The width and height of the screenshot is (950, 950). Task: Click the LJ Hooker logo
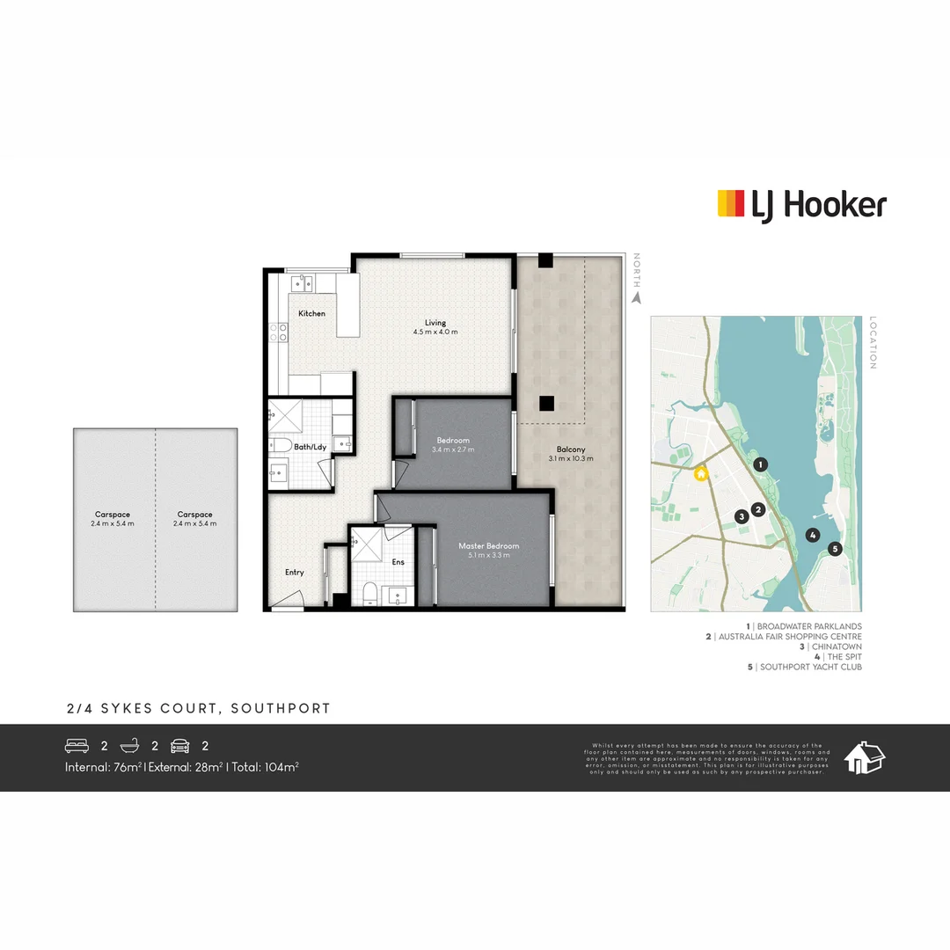coord(801,205)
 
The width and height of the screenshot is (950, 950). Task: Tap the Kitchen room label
coord(311,314)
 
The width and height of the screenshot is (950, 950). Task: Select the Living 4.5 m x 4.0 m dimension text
coord(435,332)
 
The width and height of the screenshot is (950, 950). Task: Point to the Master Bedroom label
coord(488,546)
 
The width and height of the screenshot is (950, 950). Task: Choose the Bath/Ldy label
coord(310,448)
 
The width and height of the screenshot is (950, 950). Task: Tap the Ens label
coord(398,561)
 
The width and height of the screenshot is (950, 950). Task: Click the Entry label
coord(294,573)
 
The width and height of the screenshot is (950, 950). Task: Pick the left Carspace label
coord(113,515)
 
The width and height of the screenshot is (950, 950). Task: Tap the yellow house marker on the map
coord(701,474)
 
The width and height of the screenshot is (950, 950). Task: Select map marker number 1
coord(761,464)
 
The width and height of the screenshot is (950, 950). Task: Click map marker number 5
coord(835,549)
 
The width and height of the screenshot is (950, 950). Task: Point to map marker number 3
coord(742,516)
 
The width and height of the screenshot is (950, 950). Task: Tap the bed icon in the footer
coord(77,746)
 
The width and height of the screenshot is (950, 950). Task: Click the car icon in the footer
coord(180,746)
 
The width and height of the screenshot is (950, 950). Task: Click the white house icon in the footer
coord(865,757)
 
